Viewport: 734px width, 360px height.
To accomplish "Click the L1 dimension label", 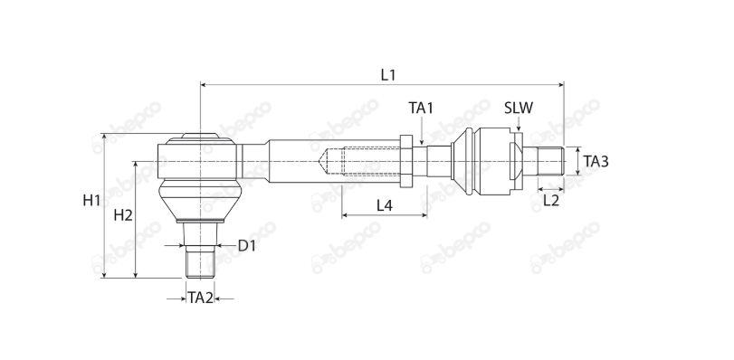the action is tap(388, 74).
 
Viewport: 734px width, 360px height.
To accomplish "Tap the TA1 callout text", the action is tap(421, 108).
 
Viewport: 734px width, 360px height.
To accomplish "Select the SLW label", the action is tap(519, 108).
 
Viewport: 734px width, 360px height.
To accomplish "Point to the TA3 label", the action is tap(596, 162).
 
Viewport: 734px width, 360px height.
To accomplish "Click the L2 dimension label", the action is tap(551, 201).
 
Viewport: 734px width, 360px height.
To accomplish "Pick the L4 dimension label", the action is tap(385, 205).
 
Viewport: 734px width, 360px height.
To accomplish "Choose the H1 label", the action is tap(91, 201).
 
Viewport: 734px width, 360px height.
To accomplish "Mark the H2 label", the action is tap(123, 215).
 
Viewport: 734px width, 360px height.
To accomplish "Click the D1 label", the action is tap(247, 245).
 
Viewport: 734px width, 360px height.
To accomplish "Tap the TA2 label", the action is tap(200, 298).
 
